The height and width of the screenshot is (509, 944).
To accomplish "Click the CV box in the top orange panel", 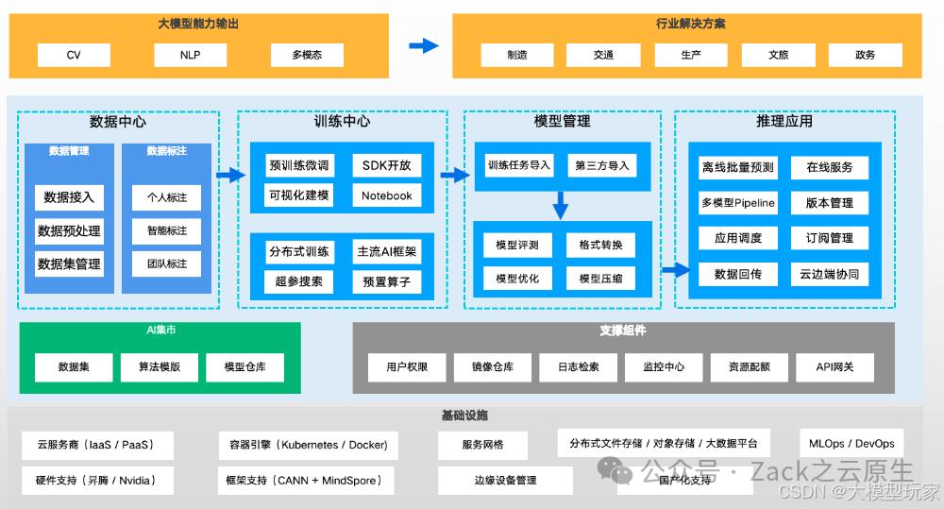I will click(x=74, y=55).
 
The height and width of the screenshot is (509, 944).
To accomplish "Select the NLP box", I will click(x=191, y=55).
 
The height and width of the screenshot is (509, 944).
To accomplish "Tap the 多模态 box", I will click(x=307, y=55).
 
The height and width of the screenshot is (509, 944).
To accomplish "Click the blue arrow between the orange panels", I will click(x=424, y=45).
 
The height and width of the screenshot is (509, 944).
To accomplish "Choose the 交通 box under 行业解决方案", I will click(x=604, y=55).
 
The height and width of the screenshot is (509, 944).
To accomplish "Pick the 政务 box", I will click(x=865, y=55).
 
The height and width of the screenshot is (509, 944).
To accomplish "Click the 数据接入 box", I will click(x=69, y=198).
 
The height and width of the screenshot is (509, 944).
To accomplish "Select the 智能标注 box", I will click(x=167, y=230).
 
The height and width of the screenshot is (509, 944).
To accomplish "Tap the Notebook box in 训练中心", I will click(x=387, y=195).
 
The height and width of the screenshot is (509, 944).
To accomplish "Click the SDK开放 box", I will click(x=387, y=165).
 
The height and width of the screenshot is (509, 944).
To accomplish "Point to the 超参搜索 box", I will click(x=299, y=281).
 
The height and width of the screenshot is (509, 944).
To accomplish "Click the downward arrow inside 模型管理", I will click(x=561, y=205).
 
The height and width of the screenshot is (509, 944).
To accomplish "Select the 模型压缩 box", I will click(x=601, y=279).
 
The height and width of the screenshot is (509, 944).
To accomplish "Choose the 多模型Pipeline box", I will click(x=737, y=202).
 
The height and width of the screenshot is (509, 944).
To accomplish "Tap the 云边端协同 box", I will click(x=830, y=275).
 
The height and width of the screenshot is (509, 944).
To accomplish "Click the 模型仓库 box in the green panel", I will click(x=244, y=367).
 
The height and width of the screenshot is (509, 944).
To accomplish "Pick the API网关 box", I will click(x=834, y=367).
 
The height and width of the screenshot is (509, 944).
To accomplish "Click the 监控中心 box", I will click(x=664, y=367).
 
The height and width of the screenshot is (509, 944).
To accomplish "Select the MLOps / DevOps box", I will click(x=851, y=444).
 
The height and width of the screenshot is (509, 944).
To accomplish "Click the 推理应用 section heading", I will click(x=784, y=122).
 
